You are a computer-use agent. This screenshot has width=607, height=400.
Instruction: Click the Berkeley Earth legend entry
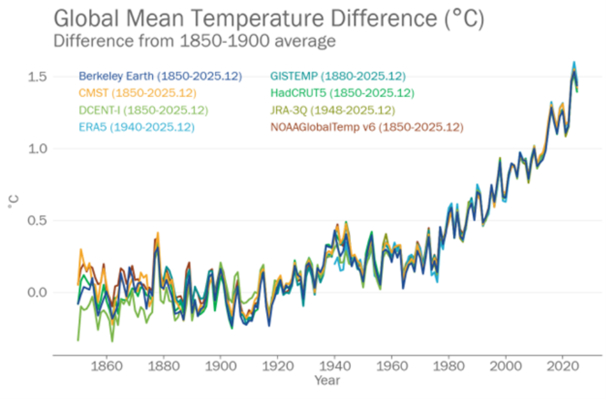tap(160, 76)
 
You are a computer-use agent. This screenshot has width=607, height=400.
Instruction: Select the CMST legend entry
tap(137, 93)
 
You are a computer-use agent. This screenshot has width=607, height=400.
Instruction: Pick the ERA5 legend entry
tap(136, 127)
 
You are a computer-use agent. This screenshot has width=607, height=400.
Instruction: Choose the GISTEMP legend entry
tap(338, 76)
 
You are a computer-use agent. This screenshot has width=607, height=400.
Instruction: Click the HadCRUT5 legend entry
tap(342, 93)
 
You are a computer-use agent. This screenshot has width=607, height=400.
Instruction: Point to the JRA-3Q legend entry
tap(333, 110)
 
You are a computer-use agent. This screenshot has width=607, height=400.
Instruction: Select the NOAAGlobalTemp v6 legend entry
tap(366, 127)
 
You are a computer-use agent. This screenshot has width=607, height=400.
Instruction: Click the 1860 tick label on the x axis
tap(106, 365)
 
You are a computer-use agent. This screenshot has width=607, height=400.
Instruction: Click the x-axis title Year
tap(327, 380)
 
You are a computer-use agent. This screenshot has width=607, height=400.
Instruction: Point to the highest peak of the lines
tap(573, 62)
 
